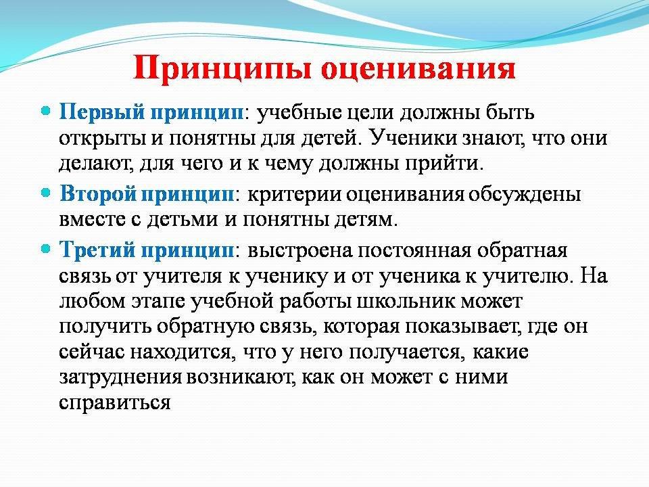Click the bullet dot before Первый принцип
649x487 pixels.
click(47, 112)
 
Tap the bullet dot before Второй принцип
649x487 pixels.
click(47, 193)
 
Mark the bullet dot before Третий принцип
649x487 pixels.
click(47, 249)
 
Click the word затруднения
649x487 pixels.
click(120, 377)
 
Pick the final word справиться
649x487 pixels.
click(115, 403)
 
